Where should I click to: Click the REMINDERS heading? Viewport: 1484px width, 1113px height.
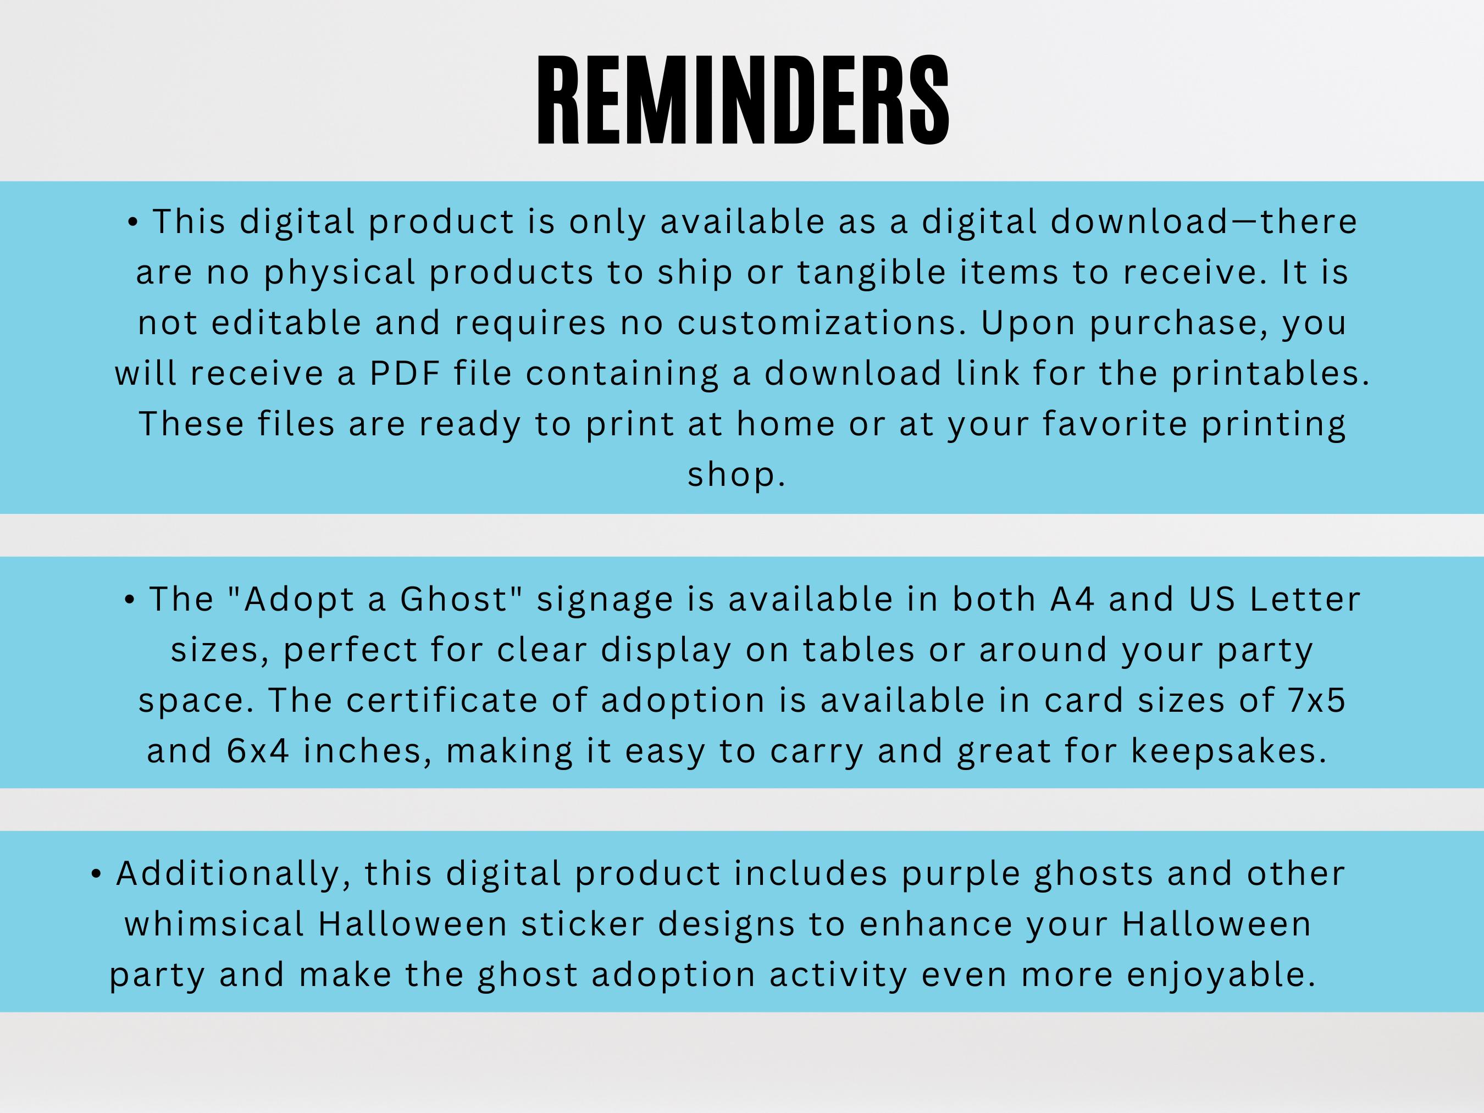(x=743, y=101)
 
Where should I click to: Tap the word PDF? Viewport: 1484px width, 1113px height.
(x=405, y=373)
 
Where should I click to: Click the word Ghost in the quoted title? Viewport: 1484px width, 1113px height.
(x=454, y=599)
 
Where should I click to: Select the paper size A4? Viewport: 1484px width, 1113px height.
(x=1072, y=599)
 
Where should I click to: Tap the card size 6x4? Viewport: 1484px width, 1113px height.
(x=258, y=751)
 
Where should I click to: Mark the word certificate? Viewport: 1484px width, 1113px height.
(x=441, y=700)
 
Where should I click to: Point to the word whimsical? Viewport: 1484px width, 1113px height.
(x=214, y=924)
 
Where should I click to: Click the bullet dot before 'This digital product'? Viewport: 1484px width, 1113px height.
(x=133, y=223)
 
